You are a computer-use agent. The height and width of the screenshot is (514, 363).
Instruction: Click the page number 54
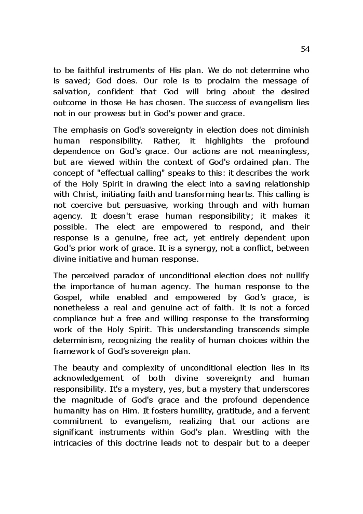tap(305, 49)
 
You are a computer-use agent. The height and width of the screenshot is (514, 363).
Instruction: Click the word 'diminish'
tap(291, 130)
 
